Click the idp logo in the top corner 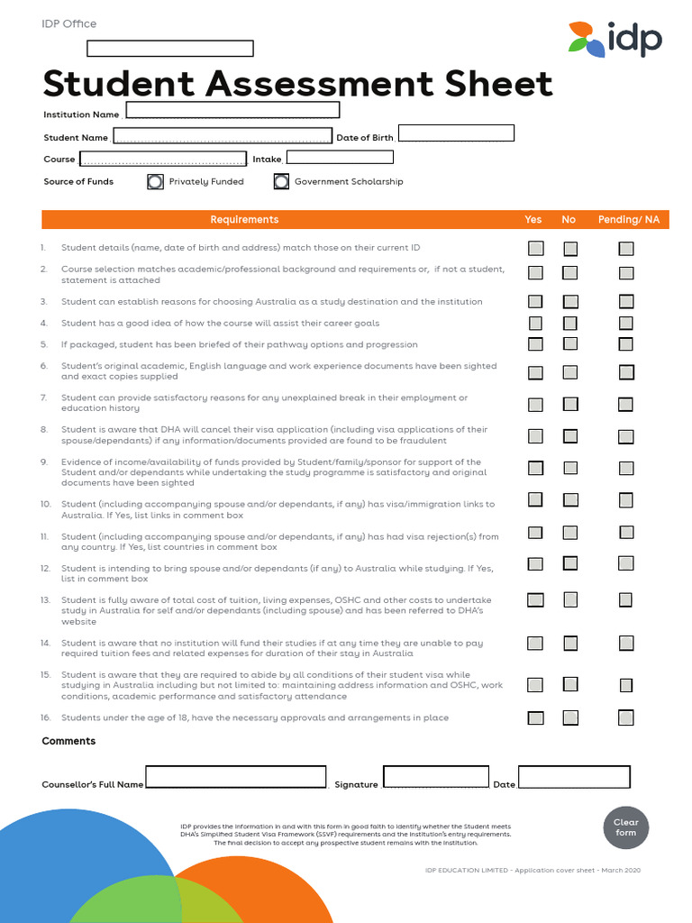click(x=615, y=40)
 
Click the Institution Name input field click(x=232, y=111)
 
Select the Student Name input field click(x=222, y=136)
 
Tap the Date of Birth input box click(x=456, y=133)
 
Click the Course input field click(x=163, y=159)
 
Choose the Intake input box click(x=339, y=157)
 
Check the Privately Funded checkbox click(x=156, y=181)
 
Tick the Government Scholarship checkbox click(x=281, y=181)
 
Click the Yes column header click(x=533, y=220)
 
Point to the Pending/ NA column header click(x=628, y=220)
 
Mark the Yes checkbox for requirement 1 click(x=535, y=248)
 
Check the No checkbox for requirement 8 click(x=570, y=436)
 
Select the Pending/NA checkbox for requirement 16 click(x=626, y=717)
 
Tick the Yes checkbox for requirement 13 click(x=535, y=599)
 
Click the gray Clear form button click(x=625, y=827)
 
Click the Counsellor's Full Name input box click(x=236, y=777)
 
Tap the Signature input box click(x=435, y=777)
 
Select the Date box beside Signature click(x=574, y=777)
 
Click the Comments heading click(x=68, y=741)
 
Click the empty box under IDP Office click(x=170, y=49)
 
